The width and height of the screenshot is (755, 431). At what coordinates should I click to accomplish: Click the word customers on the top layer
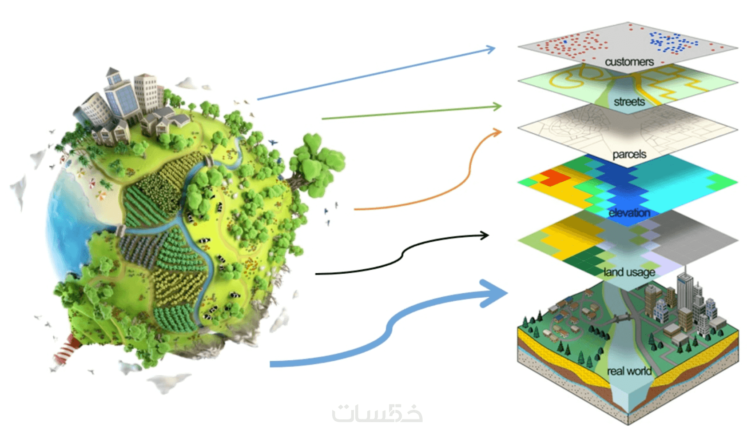(629, 62)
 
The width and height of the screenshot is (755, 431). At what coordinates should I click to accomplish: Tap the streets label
(629, 102)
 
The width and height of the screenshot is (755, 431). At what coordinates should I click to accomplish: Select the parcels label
(629, 155)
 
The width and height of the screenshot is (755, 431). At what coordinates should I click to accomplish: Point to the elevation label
(629, 213)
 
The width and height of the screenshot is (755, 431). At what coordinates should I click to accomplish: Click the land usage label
(629, 272)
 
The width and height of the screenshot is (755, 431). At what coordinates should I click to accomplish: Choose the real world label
(629, 371)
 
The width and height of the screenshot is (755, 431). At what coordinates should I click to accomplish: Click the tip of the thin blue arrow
(495, 48)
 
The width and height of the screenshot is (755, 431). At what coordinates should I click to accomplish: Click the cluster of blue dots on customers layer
(672, 43)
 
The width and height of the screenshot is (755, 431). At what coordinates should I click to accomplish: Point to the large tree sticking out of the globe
(315, 165)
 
